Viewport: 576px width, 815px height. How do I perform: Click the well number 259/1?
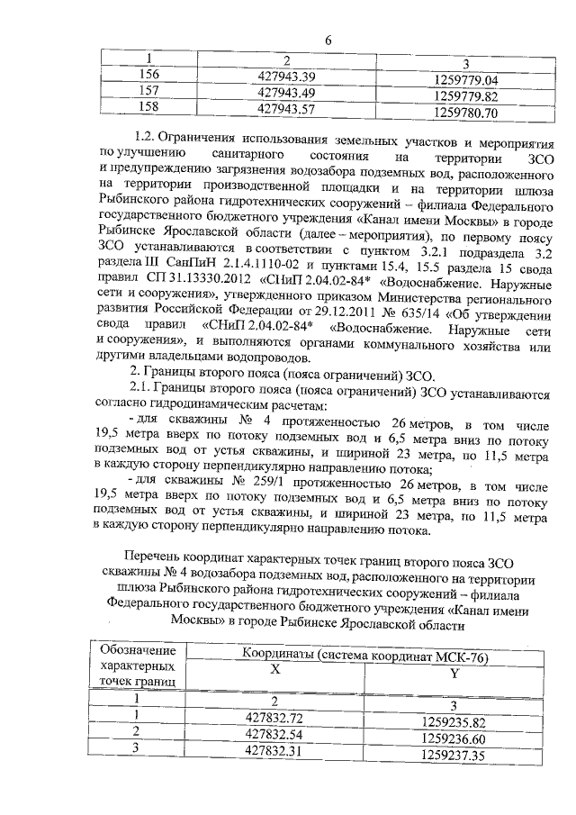(x=256, y=484)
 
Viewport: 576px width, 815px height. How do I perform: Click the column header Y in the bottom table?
(x=454, y=675)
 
